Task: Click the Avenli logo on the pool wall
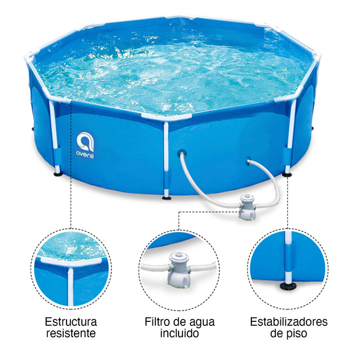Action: click(85, 145)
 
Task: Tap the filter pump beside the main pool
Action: click(247, 208)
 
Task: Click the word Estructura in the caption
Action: click(71, 322)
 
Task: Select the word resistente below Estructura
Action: click(71, 333)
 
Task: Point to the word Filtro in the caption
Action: click(158, 322)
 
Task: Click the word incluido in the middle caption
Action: click(180, 333)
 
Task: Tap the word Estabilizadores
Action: click(289, 322)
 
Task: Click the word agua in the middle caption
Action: click(202, 322)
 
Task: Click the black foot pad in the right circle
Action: click(288, 286)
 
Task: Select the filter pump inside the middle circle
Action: click(179, 270)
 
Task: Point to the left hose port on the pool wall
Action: click(181, 153)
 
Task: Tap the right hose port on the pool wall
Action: click(248, 161)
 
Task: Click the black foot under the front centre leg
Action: click(167, 197)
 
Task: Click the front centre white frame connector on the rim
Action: click(166, 117)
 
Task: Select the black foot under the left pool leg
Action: click(58, 174)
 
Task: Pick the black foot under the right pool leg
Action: click(287, 175)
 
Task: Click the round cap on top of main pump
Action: click(247, 197)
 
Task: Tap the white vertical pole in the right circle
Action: click(288, 257)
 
